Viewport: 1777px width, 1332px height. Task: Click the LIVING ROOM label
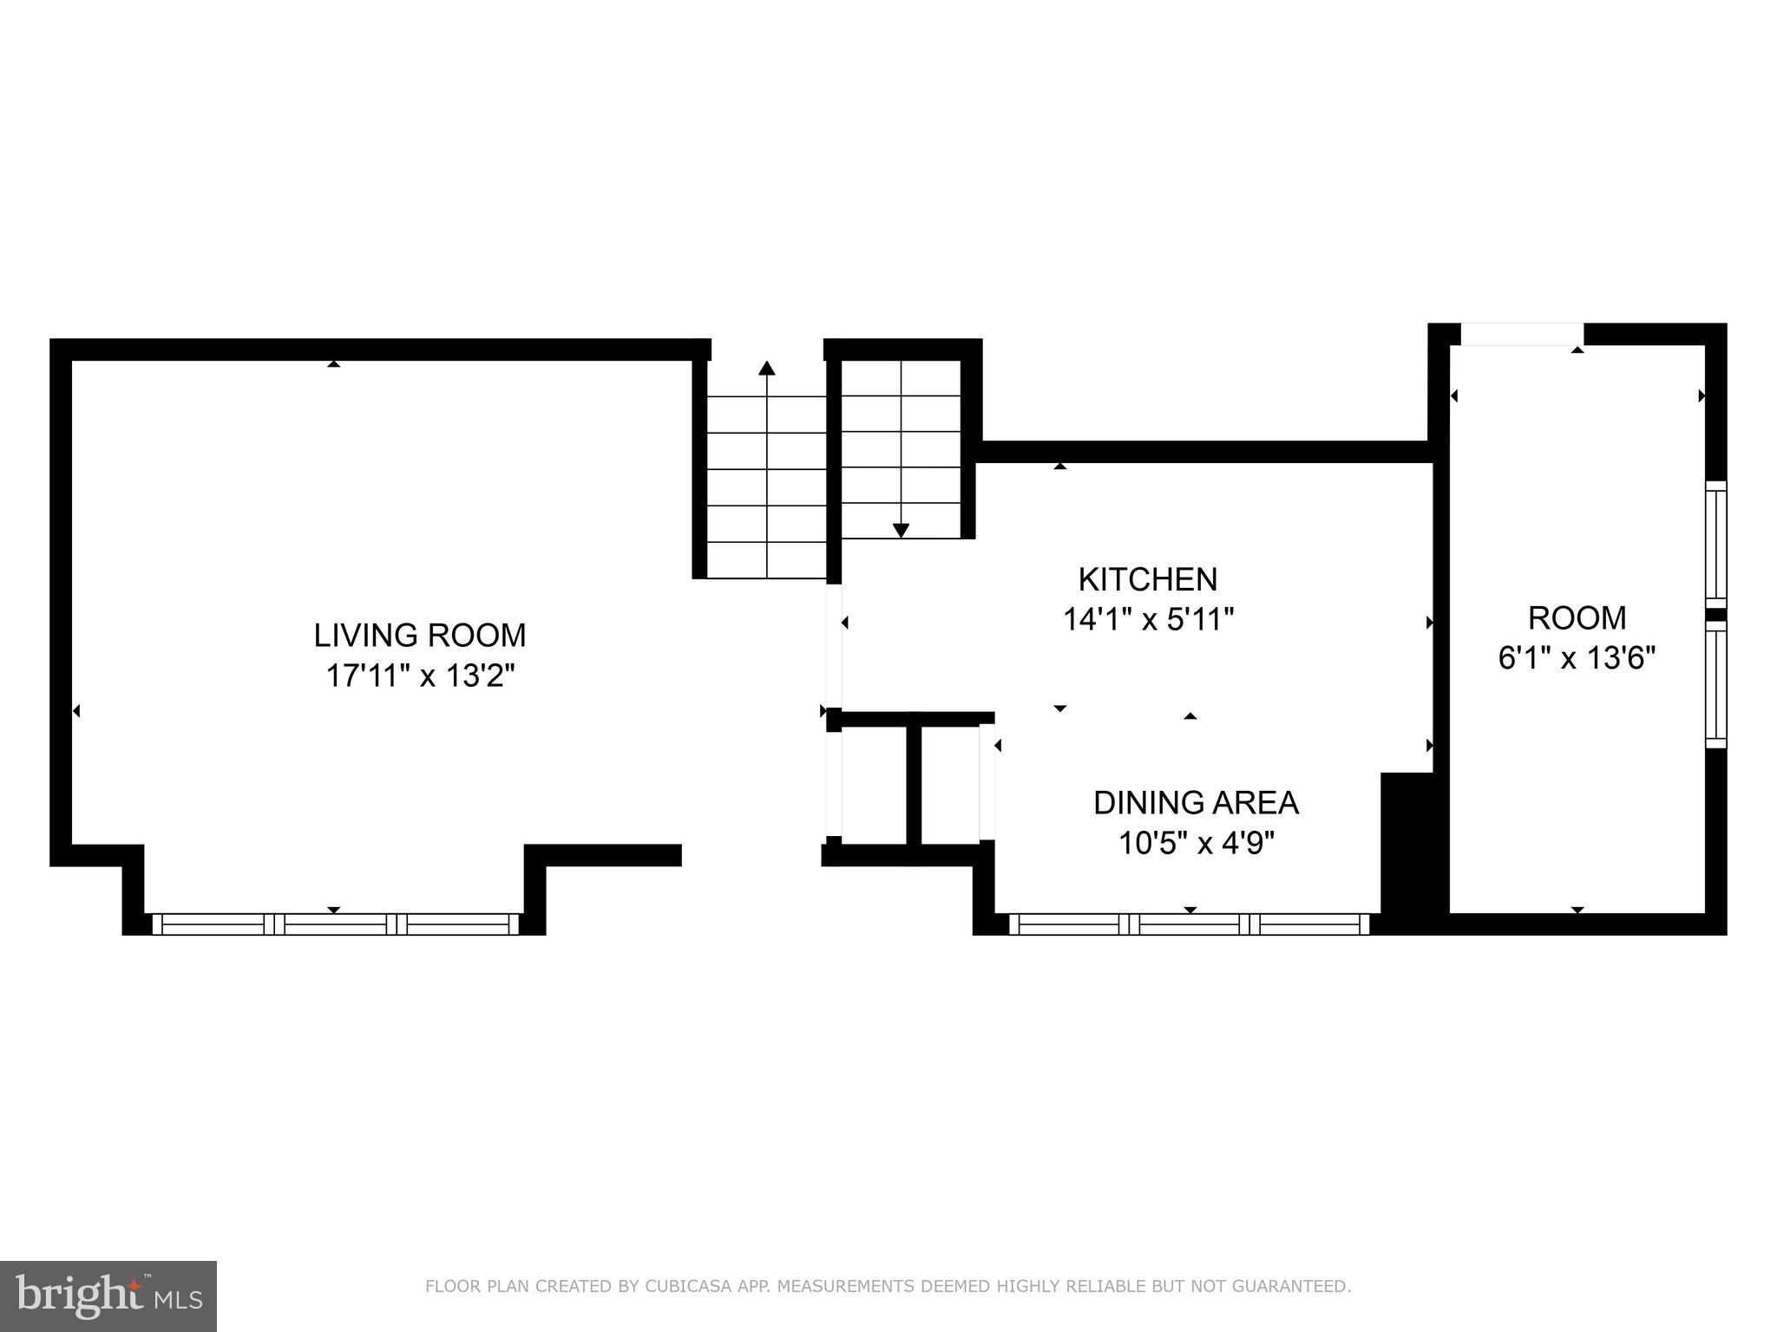tap(420, 636)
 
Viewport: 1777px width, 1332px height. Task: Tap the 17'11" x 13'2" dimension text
tap(420, 676)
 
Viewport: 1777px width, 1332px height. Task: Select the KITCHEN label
tap(1147, 579)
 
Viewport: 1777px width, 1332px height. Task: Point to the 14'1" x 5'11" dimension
tap(1147, 619)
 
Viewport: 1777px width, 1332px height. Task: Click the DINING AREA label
tap(1196, 803)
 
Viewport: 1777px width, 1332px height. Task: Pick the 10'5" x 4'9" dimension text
tap(1196, 843)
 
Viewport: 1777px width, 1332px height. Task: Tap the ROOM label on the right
tap(1577, 618)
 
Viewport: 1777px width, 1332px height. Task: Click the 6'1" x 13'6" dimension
tap(1577, 658)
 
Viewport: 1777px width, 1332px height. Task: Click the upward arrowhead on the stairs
tap(766, 369)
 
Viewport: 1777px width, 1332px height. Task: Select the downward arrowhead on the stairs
tap(901, 530)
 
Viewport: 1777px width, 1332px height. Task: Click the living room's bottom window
tap(335, 924)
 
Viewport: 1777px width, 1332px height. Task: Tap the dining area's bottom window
tap(1189, 924)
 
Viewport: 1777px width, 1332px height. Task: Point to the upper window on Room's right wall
tap(1715, 545)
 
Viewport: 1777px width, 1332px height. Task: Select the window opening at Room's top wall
tap(1522, 334)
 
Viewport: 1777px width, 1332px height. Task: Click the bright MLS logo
tap(108, 1296)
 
